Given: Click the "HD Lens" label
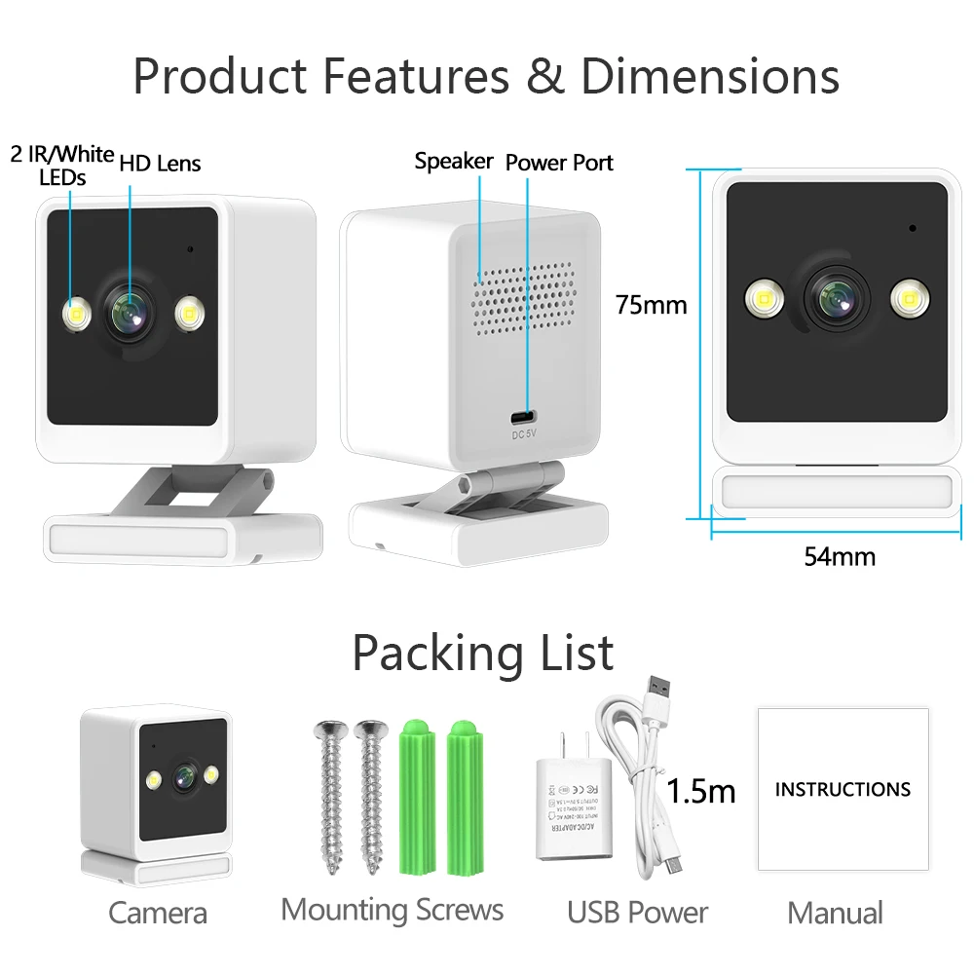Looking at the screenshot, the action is [160, 163].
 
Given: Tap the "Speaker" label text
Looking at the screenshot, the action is [453, 161].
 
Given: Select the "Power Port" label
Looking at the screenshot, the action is [559, 163].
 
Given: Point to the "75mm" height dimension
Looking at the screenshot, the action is [651, 305].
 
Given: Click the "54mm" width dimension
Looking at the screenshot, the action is [839, 556].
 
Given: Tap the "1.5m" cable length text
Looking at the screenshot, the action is [700, 790].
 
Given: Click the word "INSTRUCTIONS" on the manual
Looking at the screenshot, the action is [843, 789].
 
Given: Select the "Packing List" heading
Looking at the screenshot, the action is [482, 653].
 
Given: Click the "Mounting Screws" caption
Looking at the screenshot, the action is [392, 910].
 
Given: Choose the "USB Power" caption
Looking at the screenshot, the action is [637, 913].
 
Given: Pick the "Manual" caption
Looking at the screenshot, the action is [835, 914].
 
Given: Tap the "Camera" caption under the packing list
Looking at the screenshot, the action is [158, 914].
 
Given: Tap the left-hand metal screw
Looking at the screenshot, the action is [331, 794].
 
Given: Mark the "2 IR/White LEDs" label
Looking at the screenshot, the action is [62, 165].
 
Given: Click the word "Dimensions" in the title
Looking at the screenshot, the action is [709, 76].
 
